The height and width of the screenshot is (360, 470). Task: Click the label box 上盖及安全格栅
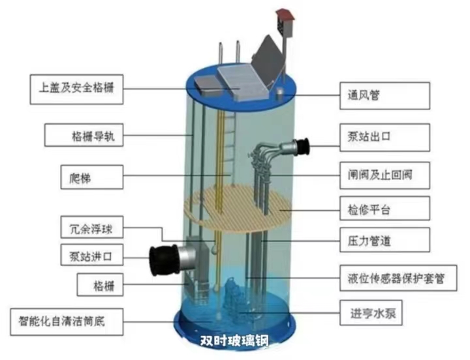coord(76,89)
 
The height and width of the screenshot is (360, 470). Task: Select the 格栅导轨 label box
coord(84,135)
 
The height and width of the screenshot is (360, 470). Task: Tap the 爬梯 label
coord(92,177)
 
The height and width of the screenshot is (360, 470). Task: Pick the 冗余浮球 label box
coord(92,227)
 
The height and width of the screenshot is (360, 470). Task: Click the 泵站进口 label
coord(92,255)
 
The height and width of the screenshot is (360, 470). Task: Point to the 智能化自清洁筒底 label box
coord(67,322)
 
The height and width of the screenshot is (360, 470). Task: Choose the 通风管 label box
coord(385,96)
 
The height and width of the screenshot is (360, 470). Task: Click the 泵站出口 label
coord(385,137)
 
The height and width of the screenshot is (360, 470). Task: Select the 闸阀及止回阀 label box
coord(385,175)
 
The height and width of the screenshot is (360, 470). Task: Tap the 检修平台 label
coord(385,209)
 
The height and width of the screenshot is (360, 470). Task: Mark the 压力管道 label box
coord(385,239)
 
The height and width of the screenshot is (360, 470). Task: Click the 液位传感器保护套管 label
coord(398,278)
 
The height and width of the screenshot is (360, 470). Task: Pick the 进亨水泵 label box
coord(371,312)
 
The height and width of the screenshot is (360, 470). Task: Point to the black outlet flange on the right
coord(302,147)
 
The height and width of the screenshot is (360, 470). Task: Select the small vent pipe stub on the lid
coord(279,93)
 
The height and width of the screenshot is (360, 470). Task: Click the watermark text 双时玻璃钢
coord(234,340)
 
